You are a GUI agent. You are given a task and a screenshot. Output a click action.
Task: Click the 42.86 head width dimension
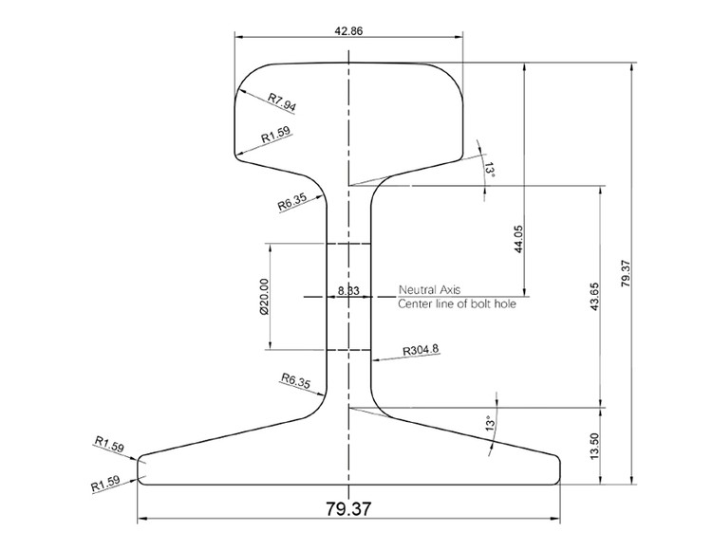(348, 30)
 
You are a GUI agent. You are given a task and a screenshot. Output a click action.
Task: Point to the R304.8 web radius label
(421, 350)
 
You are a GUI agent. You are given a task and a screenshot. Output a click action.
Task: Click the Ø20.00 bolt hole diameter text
(263, 297)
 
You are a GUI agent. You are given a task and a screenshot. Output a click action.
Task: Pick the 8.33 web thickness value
(347, 290)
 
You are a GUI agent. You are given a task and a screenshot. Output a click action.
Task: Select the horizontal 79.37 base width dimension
(348, 509)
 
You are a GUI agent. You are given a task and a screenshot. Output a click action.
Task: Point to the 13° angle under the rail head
(490, 169)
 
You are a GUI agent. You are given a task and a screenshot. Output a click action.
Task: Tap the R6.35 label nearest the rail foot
(296, 381)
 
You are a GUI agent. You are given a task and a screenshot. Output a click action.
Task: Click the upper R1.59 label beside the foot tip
(109, 443)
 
